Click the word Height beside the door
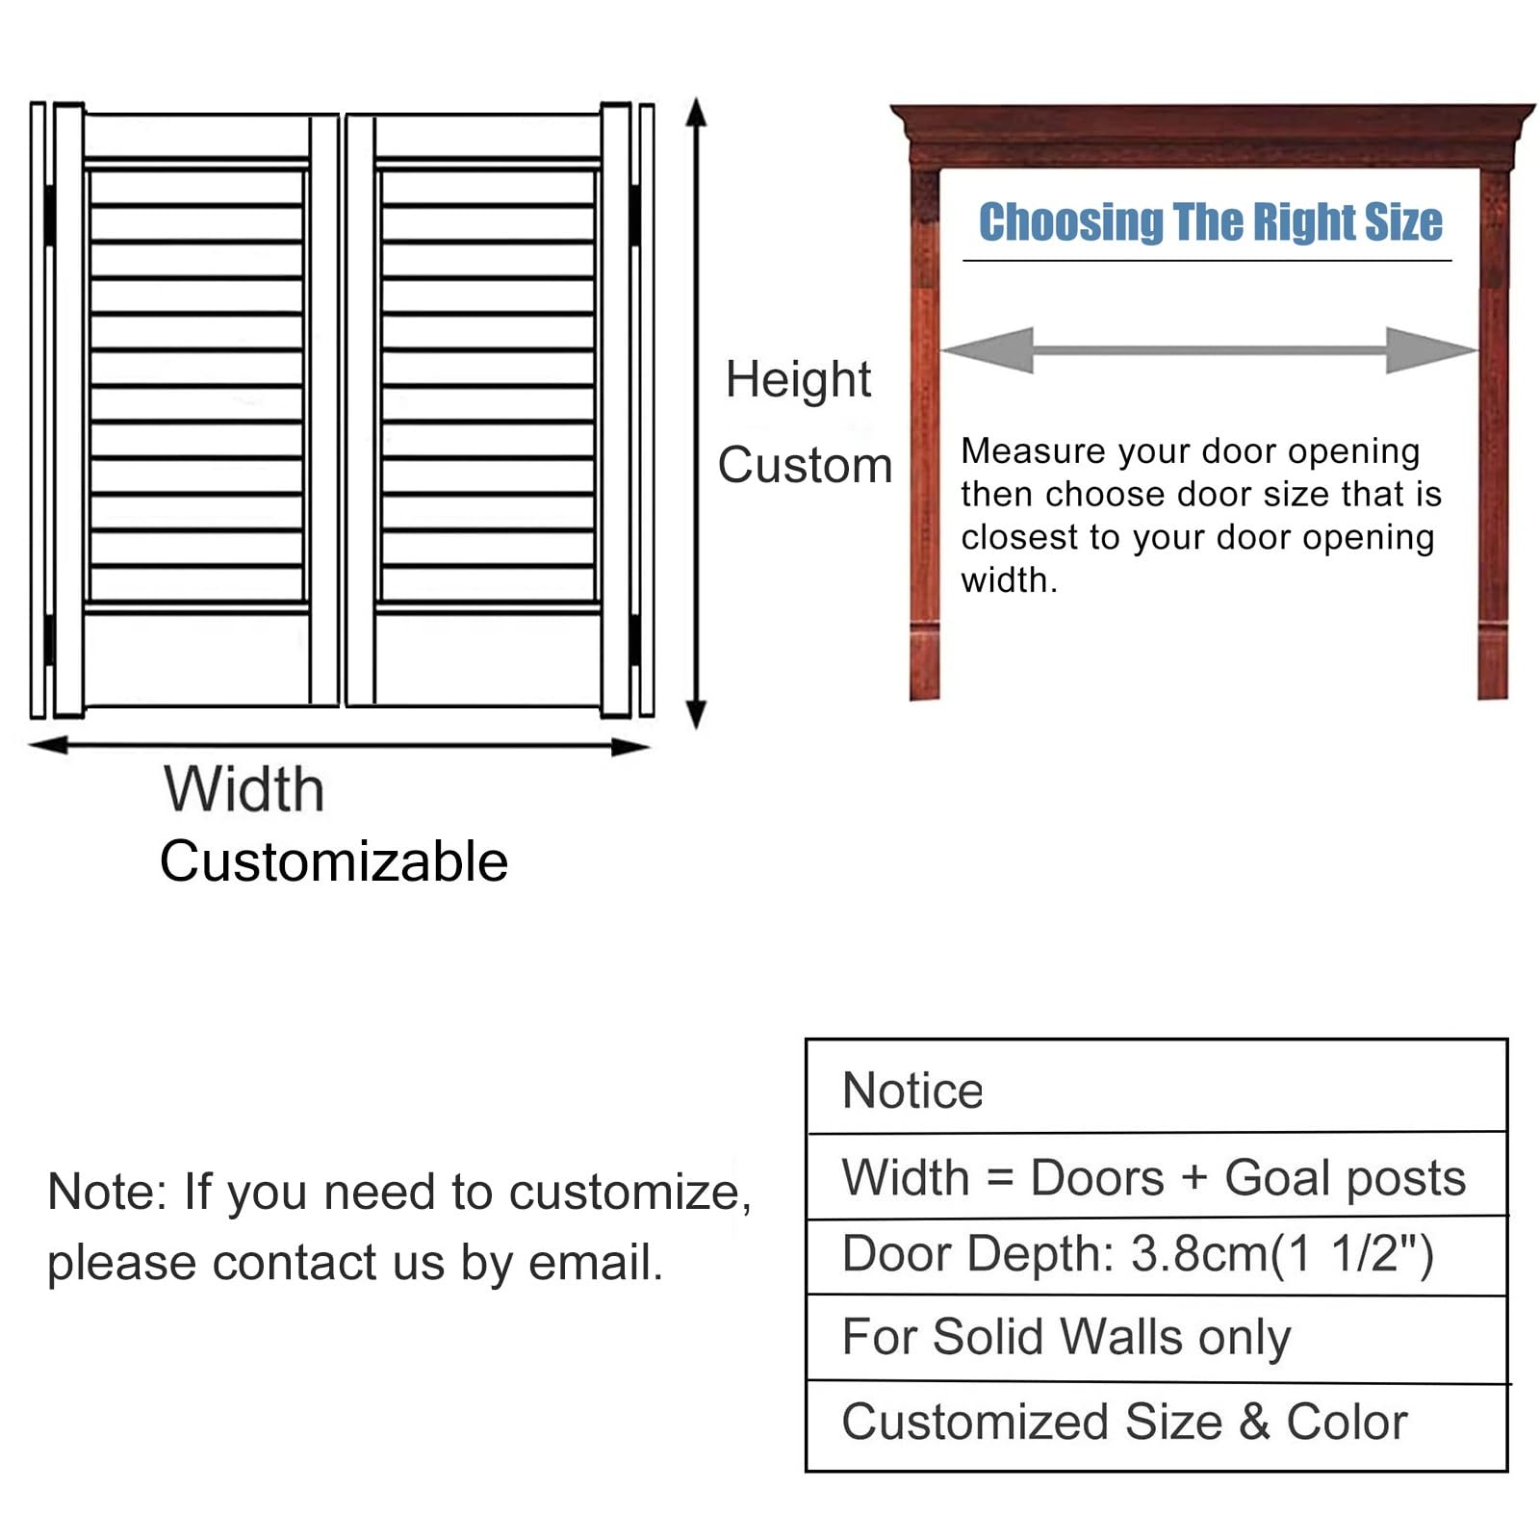point(798,380)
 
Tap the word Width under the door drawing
point(244,789)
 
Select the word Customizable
point(334,860)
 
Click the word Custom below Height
point(805,465)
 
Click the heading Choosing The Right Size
point(1210,222)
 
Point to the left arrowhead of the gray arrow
point(988,350)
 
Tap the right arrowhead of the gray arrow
point(1431,350)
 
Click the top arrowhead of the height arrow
point(696,113)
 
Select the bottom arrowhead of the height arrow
point(696,714)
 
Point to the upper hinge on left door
point(49,214)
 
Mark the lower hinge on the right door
point(635,639)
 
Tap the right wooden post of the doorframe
point(1493,433)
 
